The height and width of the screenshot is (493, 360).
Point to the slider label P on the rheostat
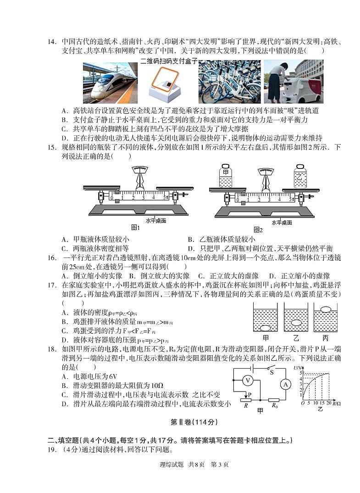coord(249,394)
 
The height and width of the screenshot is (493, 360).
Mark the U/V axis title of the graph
coord(297,369)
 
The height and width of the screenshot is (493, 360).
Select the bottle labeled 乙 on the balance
coord(300,177)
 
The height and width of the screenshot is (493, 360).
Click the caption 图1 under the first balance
coord(135,227)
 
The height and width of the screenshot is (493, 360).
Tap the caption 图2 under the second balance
coord(258,230)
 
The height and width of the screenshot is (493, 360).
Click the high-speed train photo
coord(110,83)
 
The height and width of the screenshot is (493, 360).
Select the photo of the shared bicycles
coord(229,82)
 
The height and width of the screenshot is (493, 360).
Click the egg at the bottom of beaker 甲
coord(266,328)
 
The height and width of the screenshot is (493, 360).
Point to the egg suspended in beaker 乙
coord(296,322)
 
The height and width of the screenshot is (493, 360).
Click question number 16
coord(52,258)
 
